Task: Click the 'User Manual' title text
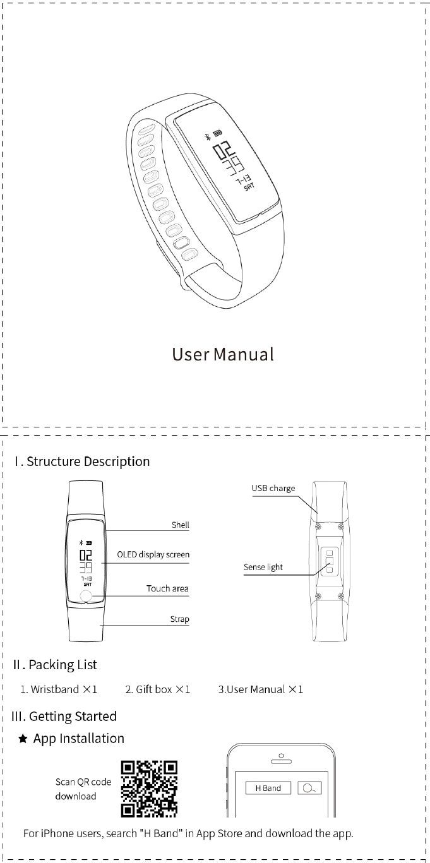223,354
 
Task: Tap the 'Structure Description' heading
82,461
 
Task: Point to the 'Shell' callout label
180,525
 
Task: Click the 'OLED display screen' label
153,554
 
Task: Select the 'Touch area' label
167,588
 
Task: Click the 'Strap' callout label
179,619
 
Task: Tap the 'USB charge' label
273,488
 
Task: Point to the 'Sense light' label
263,567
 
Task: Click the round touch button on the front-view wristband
87,598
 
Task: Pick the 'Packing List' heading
55,665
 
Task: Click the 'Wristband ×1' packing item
59,689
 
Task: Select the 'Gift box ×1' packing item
158,689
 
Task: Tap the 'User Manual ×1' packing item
261,689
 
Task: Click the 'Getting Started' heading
64,717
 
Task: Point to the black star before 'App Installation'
23,739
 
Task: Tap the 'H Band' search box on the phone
268,788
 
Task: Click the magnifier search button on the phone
309,788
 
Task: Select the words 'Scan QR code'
83,782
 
